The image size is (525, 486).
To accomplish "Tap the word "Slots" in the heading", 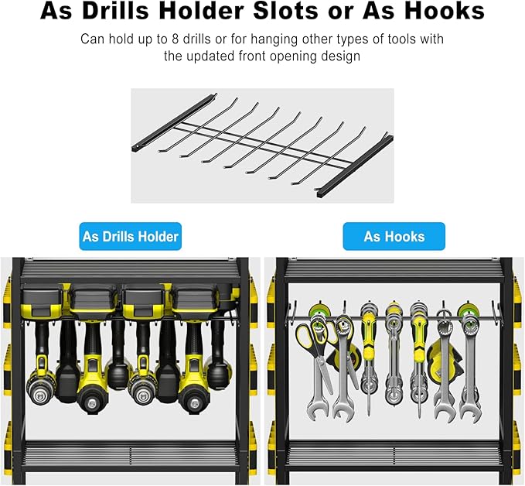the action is (285, 11).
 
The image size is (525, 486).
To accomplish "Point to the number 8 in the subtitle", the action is (175, 39).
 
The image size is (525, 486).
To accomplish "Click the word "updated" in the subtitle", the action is (211, 56).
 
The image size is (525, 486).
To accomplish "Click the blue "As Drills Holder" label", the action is (130, 236).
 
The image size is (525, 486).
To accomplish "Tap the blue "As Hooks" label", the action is (394, 236).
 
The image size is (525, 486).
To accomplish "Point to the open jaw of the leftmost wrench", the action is (315, 409).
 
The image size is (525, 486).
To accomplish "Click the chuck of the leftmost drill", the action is (41, 396).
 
